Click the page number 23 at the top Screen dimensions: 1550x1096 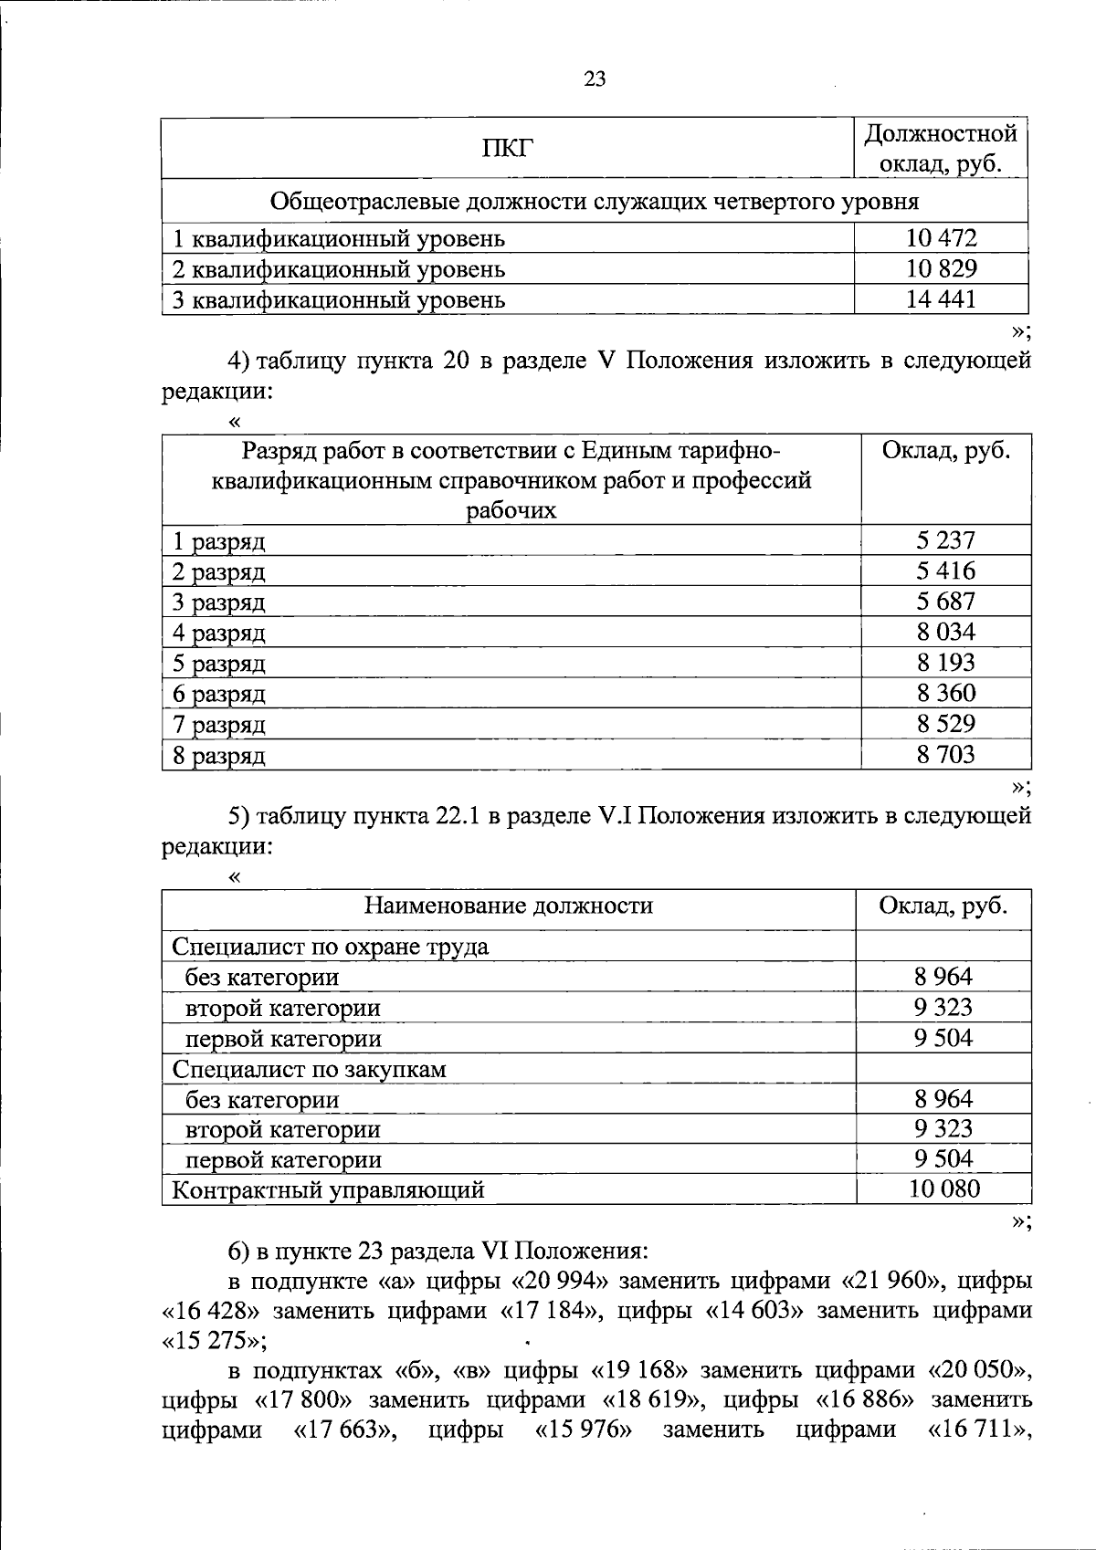pos(594,79)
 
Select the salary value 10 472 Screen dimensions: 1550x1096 pos(941,238)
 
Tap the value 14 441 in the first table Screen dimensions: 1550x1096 pos(941,298)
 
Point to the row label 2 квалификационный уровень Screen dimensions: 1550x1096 pos(339,269)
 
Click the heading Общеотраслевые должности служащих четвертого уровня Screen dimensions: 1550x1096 pos(595,201)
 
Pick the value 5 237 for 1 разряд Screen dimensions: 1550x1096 pos(945,540)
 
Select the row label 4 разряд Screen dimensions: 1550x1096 pos(219,633)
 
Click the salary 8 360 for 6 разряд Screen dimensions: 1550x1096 pos(945,694)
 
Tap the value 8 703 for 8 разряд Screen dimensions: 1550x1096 pos(945,755)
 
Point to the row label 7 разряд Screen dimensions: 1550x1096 pos(219,725)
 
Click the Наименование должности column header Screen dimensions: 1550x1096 pos(509,906)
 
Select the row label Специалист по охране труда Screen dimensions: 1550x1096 pos(330,947)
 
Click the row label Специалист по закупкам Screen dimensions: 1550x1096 pos(309,1069)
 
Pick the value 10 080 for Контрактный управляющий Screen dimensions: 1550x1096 pos(943,1189)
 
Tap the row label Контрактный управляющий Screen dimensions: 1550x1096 pos(328,1190)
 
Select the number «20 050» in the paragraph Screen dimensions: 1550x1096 pos(979,1370)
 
